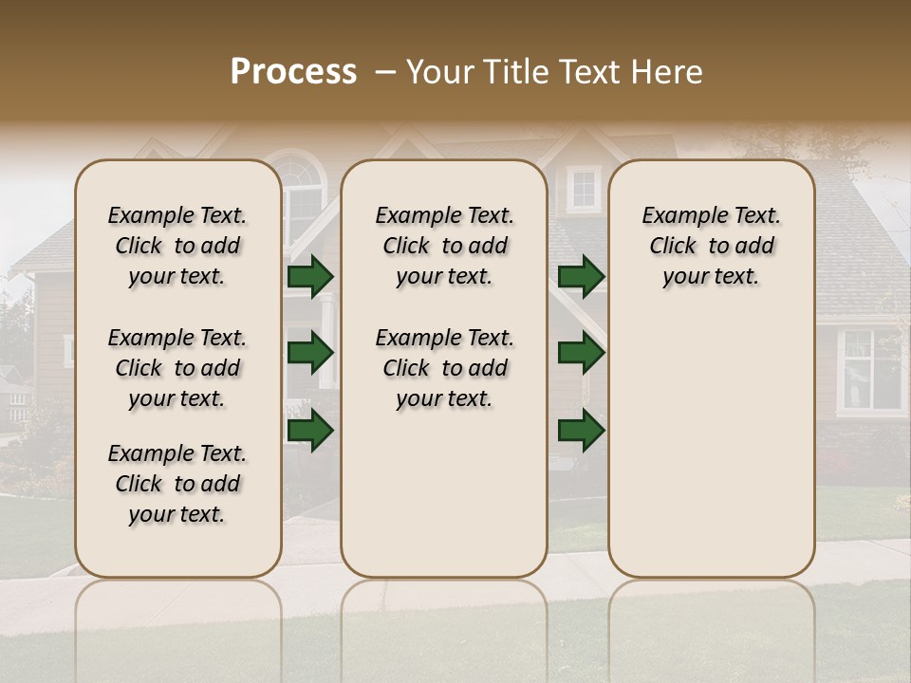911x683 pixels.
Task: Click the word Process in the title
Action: click(x=293, y=72)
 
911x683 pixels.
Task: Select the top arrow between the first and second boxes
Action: click(x=310, y=276)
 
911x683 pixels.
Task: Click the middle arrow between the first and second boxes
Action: click(x=310, y=353)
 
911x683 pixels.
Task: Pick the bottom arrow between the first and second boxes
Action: click(x=310, y=430)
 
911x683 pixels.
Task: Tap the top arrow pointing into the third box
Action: click(x=581, y=276)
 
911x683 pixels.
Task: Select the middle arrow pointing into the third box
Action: click(x=581, y=353)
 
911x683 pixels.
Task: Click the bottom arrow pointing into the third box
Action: click(x=581, y=430)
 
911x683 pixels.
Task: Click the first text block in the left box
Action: click(x=177, y=246)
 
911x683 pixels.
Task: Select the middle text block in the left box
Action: click(x=177, y=368)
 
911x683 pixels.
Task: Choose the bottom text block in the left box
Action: click(x=177, y=484)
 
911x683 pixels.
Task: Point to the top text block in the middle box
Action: click(x=444, y=246)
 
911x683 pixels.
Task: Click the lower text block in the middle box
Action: click(x=444, y=368)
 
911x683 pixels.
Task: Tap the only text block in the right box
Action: click(x=711, y=246)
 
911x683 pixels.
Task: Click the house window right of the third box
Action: click(x=871, y=370)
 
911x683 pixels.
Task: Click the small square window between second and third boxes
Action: click(x=583, y=190)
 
